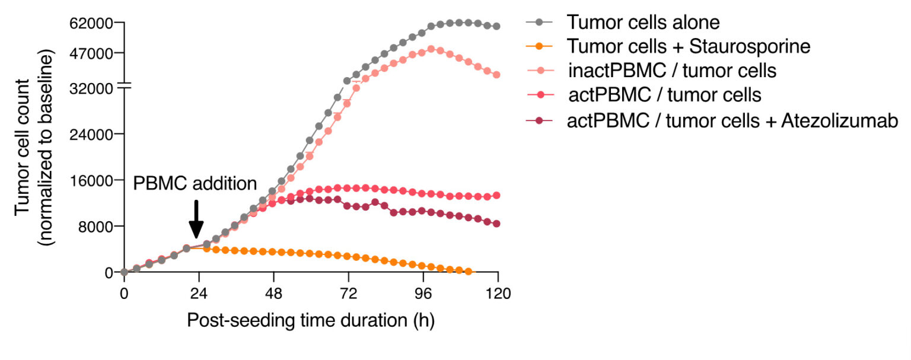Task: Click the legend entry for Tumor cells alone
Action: coord(643,23)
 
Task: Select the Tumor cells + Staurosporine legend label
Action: coord(688,46)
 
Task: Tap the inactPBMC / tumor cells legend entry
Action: coord(671,71)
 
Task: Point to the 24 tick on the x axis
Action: coord(199,292)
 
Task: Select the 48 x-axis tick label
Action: coord(273,292)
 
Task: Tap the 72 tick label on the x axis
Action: coord(348,292)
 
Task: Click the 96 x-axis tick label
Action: coord(423,292)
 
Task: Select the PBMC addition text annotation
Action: coord(195,183)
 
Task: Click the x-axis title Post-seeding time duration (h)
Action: coord(311,320)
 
